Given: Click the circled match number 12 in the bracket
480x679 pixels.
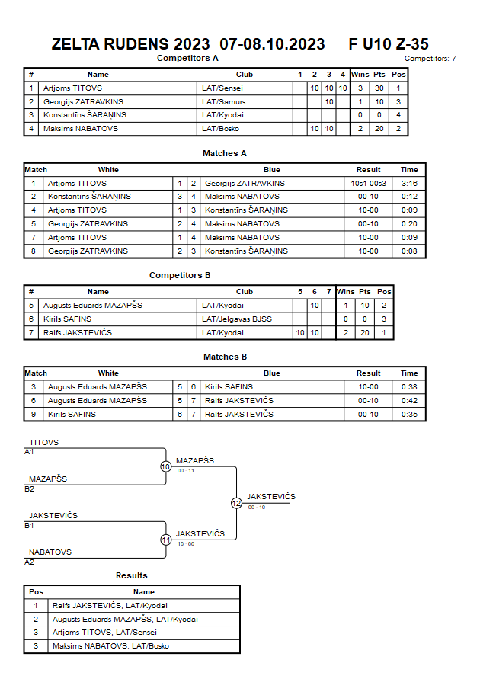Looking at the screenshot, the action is point(236,503).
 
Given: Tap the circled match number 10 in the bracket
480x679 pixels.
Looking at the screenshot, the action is point(166,466).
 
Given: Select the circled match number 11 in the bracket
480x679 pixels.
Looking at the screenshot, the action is point(166,540).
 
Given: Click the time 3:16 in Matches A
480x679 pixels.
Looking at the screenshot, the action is point(409,183).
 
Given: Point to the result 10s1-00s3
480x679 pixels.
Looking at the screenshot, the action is point(368,183).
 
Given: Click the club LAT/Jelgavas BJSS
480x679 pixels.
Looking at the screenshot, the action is point(237,319).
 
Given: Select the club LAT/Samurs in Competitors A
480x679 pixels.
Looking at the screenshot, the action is point(223,102).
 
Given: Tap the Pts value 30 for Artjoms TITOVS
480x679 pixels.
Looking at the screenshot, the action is point(379,88).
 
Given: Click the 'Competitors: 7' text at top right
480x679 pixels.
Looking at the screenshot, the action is point(430,59).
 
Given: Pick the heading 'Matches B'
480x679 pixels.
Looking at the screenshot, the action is point(225,357).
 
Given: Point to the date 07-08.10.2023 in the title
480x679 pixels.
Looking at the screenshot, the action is point(272,44).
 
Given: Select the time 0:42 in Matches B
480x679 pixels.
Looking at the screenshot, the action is point(409,401).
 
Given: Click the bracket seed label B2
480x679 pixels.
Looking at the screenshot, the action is point(29,489).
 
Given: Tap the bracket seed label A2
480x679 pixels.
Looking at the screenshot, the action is point(29,562).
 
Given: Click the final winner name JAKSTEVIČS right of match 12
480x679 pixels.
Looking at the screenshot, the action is point(271,496).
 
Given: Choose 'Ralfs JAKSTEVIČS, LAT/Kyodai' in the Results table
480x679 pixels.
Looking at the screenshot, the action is point(110,605).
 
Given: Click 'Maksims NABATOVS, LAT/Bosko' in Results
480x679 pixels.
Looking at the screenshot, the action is point(110,645).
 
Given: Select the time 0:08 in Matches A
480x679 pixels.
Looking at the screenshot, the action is point(409,251).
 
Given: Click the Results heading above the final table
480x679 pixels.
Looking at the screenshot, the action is point(132,575).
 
